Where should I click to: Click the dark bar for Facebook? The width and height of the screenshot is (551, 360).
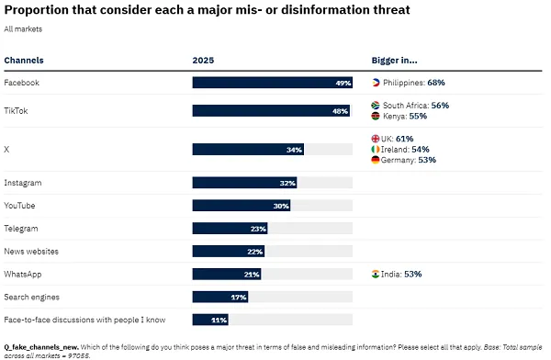coord(273,83)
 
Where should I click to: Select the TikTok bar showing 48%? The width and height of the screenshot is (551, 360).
coord(272,111)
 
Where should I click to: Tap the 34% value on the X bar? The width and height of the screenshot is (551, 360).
coord(294,149)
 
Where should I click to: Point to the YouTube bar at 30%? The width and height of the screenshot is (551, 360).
coord(242,206)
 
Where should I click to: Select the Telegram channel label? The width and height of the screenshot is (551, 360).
coord(23,228)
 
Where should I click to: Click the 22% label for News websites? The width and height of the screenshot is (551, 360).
coord(255,251)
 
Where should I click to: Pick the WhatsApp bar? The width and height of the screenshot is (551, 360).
coord(226,274)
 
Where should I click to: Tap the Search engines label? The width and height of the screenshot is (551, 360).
coord(33,297)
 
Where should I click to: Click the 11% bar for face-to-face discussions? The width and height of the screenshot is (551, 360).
coord(210,320)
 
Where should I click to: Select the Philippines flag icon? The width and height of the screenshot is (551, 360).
coord(376,83)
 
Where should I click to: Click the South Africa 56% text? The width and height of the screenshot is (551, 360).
coord(416,106)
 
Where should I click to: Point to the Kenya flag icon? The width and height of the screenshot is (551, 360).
coord(376,117)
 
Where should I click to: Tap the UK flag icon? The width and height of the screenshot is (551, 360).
coord(376,139)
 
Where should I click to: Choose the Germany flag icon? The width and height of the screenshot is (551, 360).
coord(376,160)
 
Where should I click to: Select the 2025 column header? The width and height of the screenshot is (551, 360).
coord(203,61)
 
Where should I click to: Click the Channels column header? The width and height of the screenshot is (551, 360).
coord(24,61)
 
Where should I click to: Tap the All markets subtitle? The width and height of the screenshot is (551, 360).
coord(23,29)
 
